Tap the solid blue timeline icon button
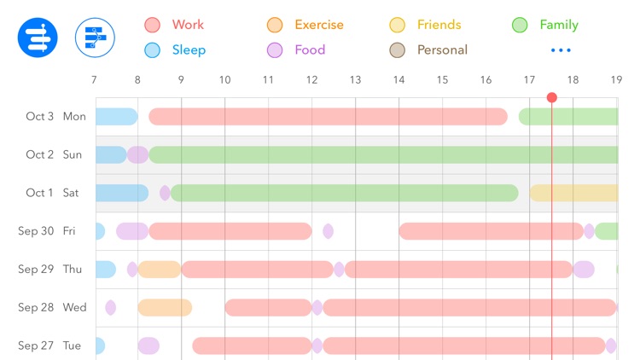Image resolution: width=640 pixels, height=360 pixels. click(38, 38)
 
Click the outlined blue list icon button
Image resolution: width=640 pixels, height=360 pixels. click(95, 38)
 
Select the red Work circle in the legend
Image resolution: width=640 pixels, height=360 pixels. click(153, 26)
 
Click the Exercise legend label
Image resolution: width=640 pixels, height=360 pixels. click(318, 25)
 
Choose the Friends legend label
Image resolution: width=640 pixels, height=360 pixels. click(439, 25)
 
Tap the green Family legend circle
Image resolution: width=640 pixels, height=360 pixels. click(520, 26)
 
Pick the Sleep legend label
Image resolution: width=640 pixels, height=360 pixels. click(189, 49)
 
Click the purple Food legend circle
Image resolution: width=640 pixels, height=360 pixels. click(275, 50)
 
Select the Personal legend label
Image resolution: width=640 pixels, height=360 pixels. click(442, 49)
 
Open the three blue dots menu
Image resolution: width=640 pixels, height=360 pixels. click(561, 50)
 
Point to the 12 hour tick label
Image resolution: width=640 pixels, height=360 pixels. click(311, 80)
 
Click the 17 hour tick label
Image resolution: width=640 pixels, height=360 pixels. click(529, 80)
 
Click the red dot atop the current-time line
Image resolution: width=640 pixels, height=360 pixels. click(552, 97)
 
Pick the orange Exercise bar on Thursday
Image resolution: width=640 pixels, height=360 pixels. click(160, 270)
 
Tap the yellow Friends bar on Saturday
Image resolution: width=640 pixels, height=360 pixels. click(573, 193)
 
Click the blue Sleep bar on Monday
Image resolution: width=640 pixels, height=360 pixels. click(115, 117)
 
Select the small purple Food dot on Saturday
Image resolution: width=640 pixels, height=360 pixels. click(165, 193)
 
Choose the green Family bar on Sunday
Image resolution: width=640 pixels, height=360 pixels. click(384, 154)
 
